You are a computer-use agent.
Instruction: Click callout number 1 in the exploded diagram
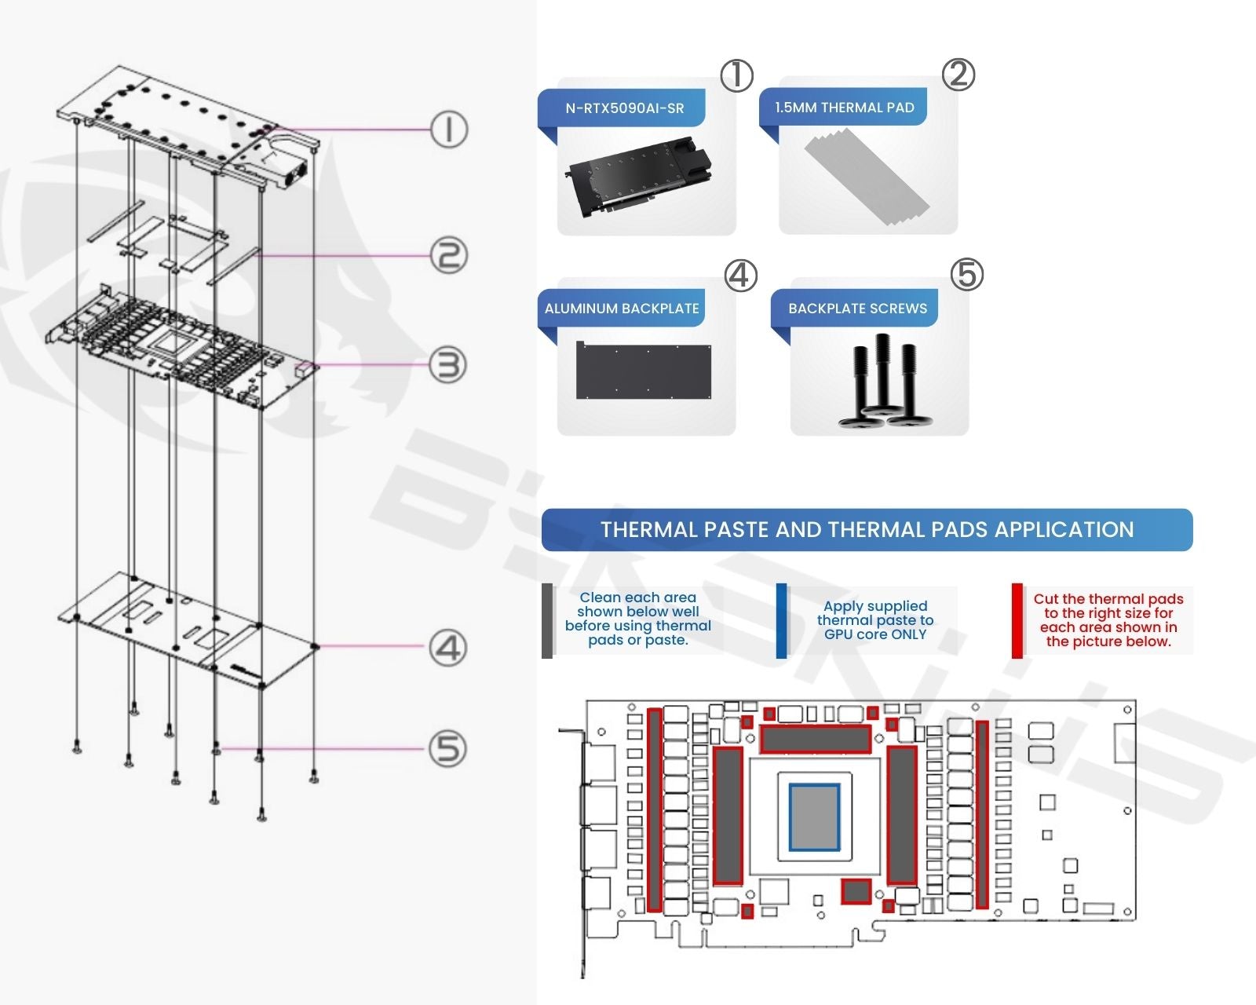[448, 130]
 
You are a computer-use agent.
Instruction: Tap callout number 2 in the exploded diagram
[448, 256]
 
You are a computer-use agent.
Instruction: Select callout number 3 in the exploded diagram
[448, 365]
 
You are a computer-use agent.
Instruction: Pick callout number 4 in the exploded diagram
[448, 649]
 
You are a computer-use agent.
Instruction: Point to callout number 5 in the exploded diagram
[448, 749]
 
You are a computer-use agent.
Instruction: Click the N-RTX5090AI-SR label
[624, 108]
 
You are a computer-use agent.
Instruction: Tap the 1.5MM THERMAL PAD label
[844, 108]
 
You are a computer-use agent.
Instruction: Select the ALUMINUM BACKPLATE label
[622, 309]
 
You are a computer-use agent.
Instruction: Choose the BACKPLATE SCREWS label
[857, 309]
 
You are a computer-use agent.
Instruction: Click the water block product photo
[639, 177]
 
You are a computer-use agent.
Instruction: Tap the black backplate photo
[644, 371]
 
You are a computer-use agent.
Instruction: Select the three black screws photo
[885, 381]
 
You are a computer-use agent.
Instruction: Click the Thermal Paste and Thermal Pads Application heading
[867, 530]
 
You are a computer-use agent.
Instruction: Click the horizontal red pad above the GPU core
[816, 739]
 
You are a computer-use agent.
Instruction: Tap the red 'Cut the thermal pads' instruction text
[1108, 620]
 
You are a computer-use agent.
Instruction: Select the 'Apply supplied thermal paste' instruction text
[875, 620]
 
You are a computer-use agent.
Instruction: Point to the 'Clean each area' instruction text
[637, 619]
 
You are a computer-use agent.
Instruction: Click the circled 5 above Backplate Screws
[967, 275]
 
